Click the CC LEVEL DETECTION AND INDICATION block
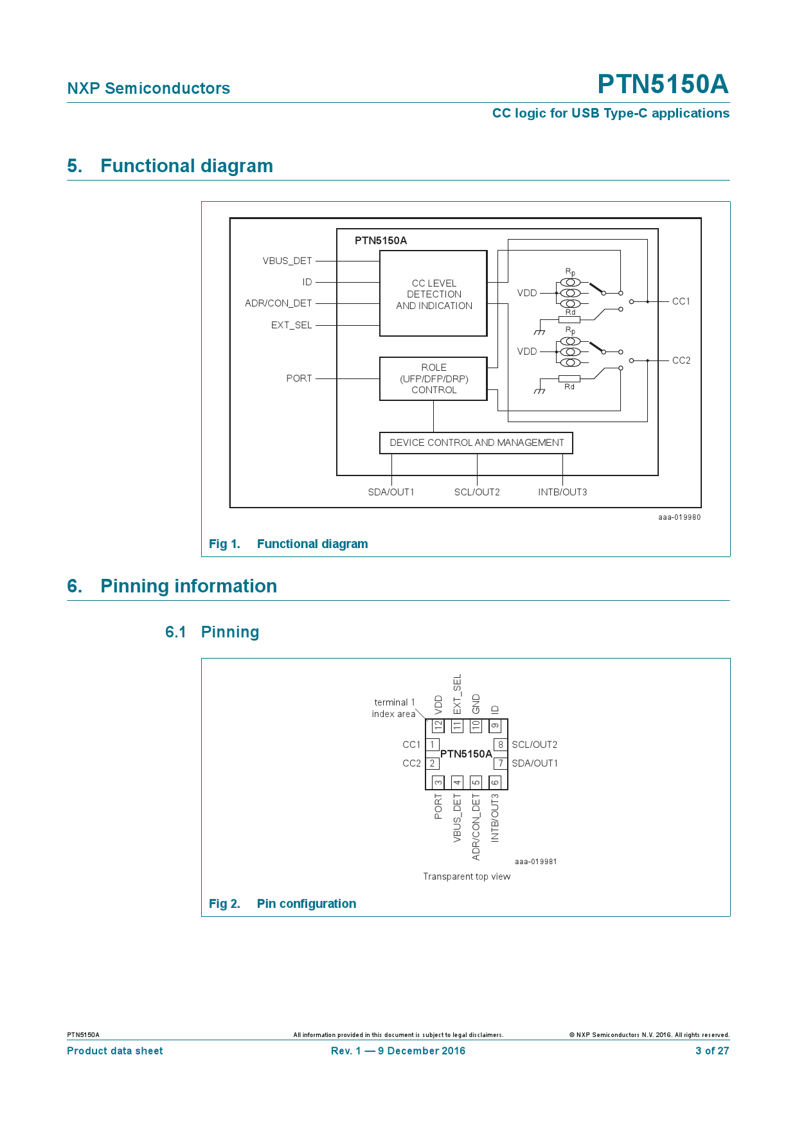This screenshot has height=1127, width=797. pos(433,294)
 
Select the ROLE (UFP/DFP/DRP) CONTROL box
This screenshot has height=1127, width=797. pos(433,378)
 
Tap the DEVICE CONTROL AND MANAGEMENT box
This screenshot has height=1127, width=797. pos(476,443)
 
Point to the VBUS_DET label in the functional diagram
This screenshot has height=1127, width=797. pos(287,261)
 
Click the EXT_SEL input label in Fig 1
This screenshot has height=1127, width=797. pos(291,325)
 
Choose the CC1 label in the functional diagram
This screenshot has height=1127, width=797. pos(681,301)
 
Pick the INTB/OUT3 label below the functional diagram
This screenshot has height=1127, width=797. pos(562,492)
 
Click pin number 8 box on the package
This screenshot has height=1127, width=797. pos(500,745)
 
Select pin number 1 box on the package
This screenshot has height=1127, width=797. pos(433,745)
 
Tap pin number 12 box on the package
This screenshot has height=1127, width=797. pos(438,725)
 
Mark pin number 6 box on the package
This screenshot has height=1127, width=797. pos(495,782)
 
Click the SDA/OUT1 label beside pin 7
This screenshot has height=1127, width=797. pos(534,763)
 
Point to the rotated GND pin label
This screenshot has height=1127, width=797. pos(476,704)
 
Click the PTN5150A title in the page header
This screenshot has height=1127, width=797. pos(663,84)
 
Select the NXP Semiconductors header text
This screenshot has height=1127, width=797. pos(148,89)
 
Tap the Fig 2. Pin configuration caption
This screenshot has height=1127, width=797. pos(282,903)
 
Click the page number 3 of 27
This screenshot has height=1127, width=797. pos(712,1051)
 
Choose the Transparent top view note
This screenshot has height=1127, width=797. pos(467,876)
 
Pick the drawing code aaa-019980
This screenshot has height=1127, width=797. pos(679,517)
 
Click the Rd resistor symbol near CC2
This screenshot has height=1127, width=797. pos(569,378)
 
